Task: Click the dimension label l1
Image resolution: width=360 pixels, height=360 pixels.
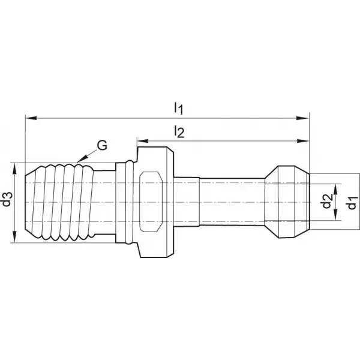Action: tap(178, 109)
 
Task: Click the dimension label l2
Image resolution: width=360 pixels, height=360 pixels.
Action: tap(179, 131)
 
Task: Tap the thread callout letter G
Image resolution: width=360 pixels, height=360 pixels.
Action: tap(102, 145)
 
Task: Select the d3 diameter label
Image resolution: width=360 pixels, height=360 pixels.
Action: tap(7, 199)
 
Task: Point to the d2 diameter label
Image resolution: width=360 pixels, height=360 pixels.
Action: tap(328, 201)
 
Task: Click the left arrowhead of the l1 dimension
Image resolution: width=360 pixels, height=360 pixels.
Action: tap(31, 118)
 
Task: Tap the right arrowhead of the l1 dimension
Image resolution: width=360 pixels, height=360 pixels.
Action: tap(302, 118)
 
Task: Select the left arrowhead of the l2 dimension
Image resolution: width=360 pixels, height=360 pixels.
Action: tap(143, 141)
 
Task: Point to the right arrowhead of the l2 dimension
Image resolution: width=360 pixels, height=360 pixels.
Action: tap(303, 141)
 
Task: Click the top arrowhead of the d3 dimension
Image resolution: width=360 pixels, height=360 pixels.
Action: tap(15, 169)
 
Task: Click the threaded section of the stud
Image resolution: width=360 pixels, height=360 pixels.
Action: tap(59, 203)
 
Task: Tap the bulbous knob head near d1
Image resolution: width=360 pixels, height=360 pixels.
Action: tap(287, 202)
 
